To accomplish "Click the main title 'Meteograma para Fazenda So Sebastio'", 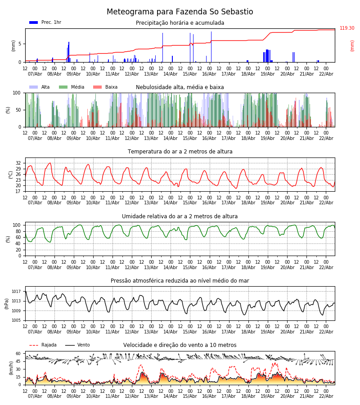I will pyautogui.click(x=180, y=12).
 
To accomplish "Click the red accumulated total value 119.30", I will pyautogui.click(x=347, y=28).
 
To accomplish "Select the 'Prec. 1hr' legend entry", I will pyautogui.click(x=45, y=22).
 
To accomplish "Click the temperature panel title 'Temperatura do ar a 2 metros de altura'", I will pyautogui.click(x=180, y=152).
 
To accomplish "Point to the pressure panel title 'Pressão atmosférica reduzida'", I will pyautogui.click(x=180, y=281).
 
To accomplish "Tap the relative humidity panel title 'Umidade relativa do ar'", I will pyautogui.click(x=180, y=216).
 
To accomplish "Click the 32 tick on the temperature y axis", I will pyautogui.click(x=18, y=163).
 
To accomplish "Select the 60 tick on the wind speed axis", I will pyautogui.click(x=18, y=354).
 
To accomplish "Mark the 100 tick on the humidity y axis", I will pyautogui.click(x=17, y=225).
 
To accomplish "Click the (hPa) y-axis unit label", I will pyautogui.click(x=7, y=303).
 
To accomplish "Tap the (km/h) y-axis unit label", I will pyautogui.click(x=11, y=368).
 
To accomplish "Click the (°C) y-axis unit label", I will pyautogui.click(x=11, y=174).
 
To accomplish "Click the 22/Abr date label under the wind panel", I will pyautogui.click(x=326, y=396).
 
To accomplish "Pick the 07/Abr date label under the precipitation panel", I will pyautogui.click(x=35, y=74).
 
